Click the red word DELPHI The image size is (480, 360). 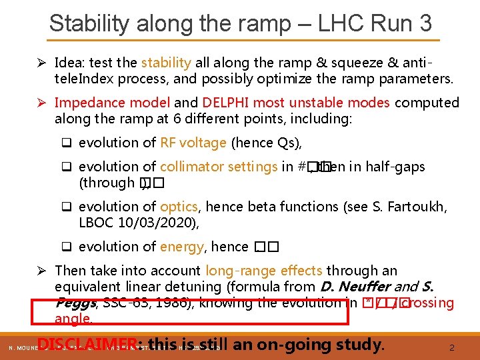pos(225,103)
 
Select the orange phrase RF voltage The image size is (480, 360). pos(194,143)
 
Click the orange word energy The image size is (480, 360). pos(181,247)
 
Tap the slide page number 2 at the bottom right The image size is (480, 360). pos(451,347)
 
